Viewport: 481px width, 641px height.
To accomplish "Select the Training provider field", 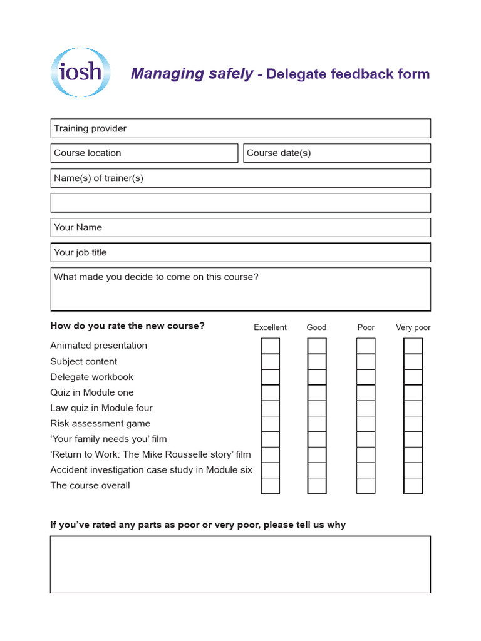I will click(x=240, y=128).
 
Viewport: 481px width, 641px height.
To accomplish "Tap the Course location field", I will click(x=144, y=153).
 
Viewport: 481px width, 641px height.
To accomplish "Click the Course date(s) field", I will click(x=337, y=153).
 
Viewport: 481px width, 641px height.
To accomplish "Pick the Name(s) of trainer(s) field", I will click(x=240, y=178).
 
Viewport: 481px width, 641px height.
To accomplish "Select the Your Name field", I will click(x=240, y=227).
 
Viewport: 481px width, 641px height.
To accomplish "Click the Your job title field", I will click(x=240, y=252).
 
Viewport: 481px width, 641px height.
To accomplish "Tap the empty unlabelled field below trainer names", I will click(x=240, y=203).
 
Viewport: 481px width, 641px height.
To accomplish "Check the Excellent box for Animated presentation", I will click(x=271, y=346).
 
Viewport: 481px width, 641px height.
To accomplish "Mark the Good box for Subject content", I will click(x=317, y=361).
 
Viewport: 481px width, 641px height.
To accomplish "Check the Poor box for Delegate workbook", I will click(x=366, y=377).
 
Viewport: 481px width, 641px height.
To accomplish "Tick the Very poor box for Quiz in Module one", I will click(x=413, y=392).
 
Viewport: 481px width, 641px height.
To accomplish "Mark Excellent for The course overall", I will click(x=271, y=486).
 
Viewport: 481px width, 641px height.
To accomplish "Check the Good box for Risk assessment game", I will click(x=317, y=424).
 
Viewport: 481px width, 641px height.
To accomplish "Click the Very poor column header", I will click(x=413, y=327).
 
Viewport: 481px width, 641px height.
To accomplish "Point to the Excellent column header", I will click(x=270, y=327).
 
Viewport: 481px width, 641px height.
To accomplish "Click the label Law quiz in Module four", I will click(x=101, y=408).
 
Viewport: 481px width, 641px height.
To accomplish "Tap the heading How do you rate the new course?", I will click(x=127, y=326).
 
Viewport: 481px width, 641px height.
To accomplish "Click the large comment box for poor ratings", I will click(x=240, y=564).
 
